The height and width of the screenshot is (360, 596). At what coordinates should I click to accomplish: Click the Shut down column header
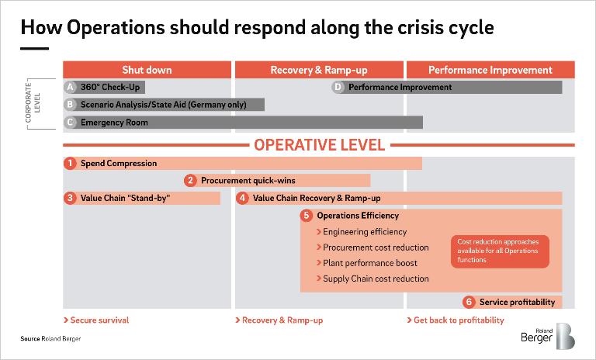(147, 70)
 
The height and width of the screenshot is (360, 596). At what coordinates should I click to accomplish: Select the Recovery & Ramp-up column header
(319, 70)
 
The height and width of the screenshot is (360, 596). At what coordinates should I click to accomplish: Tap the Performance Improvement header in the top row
(490, 70)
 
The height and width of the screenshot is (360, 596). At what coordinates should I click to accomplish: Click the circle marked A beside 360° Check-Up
(70, 87)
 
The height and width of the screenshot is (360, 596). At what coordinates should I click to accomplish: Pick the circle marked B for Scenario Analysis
(70, 105)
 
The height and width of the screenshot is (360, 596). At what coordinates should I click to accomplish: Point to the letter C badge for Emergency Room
(70, 123)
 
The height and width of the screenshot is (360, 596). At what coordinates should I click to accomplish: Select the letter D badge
(338, 87)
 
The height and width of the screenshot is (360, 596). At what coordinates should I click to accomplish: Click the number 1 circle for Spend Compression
(70, 163)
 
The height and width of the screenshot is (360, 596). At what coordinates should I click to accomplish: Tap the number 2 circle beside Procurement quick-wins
(190, 180)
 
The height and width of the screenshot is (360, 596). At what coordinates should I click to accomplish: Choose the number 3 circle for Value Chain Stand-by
(70, 198)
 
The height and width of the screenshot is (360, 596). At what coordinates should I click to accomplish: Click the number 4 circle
(242, 198)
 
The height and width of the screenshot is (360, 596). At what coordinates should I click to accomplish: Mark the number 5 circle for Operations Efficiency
(307, 215)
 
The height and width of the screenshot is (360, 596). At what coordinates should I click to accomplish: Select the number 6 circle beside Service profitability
(469, 302)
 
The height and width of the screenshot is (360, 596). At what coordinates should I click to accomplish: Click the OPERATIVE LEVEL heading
(319, 145)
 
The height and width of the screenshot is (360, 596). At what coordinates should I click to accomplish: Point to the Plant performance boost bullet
(367, 263)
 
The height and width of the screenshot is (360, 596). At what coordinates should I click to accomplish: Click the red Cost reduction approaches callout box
(500, 251)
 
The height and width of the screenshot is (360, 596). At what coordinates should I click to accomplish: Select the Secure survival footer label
(96, 320)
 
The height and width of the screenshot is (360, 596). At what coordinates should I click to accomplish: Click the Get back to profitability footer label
(456, 320)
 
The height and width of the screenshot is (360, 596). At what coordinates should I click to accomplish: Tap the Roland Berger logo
(548, 336)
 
